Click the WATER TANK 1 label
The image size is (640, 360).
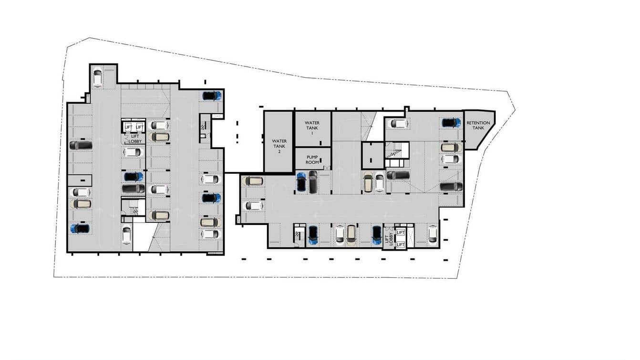coord(312,128)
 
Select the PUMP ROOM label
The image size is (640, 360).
coord(312,159)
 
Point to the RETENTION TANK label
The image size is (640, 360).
coord(478,125)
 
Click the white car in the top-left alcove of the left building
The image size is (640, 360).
coord(97,78)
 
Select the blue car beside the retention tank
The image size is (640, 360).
coord(451,123)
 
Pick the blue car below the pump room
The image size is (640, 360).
coord(301,182)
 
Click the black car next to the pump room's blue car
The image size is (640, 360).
coord(313,182)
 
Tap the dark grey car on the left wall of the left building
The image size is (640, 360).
coord(81,145)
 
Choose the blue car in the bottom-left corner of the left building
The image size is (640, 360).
coord(80,228)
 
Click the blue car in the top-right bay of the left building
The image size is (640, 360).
coord(212,95)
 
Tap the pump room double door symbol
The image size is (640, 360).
coord(327,168)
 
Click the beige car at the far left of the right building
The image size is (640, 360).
coord(252,181)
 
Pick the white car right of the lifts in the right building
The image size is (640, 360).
coord(432,233)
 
